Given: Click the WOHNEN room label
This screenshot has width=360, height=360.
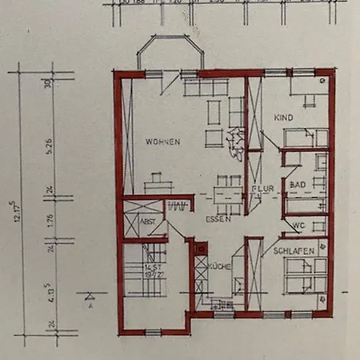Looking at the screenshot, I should click(162, 142).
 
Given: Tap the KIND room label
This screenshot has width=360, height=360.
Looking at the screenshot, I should click(283, 118).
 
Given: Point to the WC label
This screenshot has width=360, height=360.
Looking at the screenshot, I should click(298, 225).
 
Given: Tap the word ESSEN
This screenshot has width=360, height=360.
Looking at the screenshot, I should click(218, 219).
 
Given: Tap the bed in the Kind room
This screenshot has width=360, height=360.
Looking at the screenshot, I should click(306, 138).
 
